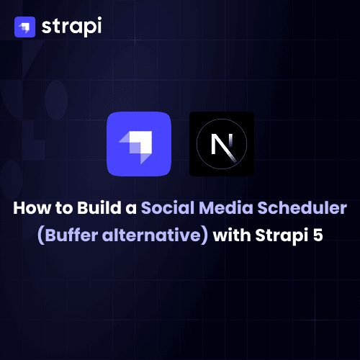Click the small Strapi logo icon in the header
click(24, 27)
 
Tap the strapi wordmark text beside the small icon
click(71, 27)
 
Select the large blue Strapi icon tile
click(139, 144)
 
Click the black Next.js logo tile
click(222, 144)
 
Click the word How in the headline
click(32, 208)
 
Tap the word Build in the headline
click(99, 207)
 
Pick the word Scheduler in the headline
click(302, 207)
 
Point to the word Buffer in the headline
click(71, 235)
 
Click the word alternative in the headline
click(151, 235)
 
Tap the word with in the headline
click(232, 235)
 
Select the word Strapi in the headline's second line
click(282, 236)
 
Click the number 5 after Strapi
click(318, 235)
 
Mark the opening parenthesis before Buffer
click(41, 236)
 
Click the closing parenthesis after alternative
click(204, 236)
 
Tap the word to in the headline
click(64, 208)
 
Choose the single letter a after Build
click(131, 209)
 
